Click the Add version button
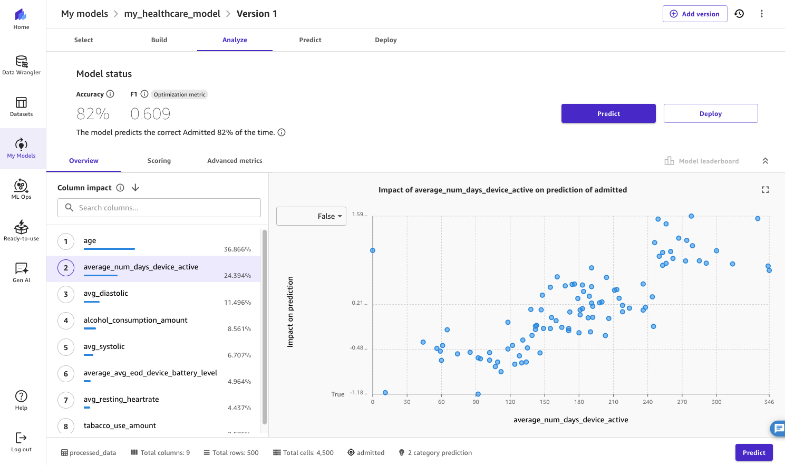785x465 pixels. tap(694, 14)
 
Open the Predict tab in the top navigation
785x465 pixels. tap(310, 40)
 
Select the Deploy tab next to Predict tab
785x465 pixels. tap(385, 40)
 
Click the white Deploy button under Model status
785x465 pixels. tap(710, 113)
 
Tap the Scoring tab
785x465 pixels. tap(159, 161)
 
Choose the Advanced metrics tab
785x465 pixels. tap(235, 161)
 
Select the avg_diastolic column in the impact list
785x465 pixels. tap(106, 294)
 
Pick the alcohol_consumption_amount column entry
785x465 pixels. tap(135, 321)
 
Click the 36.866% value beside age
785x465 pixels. tap(237, 249)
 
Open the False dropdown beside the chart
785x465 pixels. tap(311, 216)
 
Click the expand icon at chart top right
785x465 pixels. tap(765, 190)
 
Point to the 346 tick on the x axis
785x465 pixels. tap(769, 402)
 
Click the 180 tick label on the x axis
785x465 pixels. tap(579, 402)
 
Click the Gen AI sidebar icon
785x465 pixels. tap(22, 272)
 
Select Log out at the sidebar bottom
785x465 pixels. tap(22, 442)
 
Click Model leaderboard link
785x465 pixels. tap(702, 161)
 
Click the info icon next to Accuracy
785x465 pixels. tap(110, 94)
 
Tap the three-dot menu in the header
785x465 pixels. tap(761, 14)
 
